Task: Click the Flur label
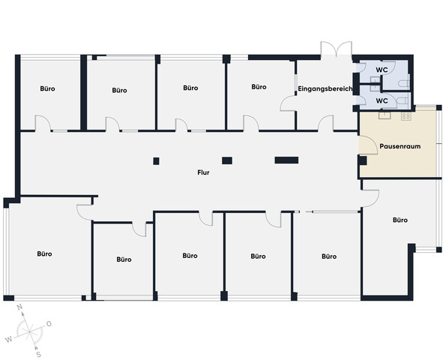pos(203,172)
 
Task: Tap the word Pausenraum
pos(400,146)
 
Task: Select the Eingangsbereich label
pos(325,88)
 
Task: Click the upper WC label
pos(382,70)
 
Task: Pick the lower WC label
pos(382,100)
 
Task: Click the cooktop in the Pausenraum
pos(406,115)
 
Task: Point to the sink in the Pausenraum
pos(385,115)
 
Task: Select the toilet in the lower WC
pos(404,100)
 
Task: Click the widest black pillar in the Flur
pos(286,160)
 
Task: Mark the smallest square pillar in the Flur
pos(156,161)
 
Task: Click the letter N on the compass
pos(19,307)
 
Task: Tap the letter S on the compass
pos(39,354)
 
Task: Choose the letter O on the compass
pos(49,324)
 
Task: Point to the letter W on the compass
pos(9,340)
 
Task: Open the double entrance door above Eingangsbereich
pos(337,49)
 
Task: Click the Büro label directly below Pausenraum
pos(400,220)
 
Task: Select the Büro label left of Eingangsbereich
pos(259,87)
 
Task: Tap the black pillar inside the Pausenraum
pos(362,160)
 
